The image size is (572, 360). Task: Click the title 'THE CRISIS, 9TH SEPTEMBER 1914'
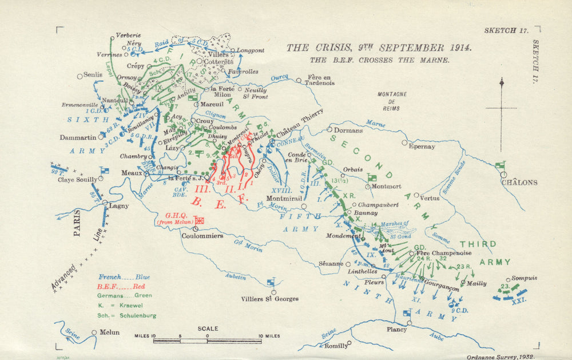pyautogui.click(x=379, y=48)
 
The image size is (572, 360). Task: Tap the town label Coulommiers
pyautogui.click(x=201, y=235)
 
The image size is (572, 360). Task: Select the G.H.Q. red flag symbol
pyautogui.click(x=200, y=220)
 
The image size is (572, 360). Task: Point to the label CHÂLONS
pyautogui.click(x=519, y=183)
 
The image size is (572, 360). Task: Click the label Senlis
pyautogui.click(x=93, y=75)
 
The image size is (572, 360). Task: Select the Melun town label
pyautogui.click(x=110, y=333)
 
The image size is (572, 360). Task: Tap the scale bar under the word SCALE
pyautogui.click(x=207, y=341)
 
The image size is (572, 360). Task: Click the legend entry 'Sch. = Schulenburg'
pyautogui.click(x=127, y=315)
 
